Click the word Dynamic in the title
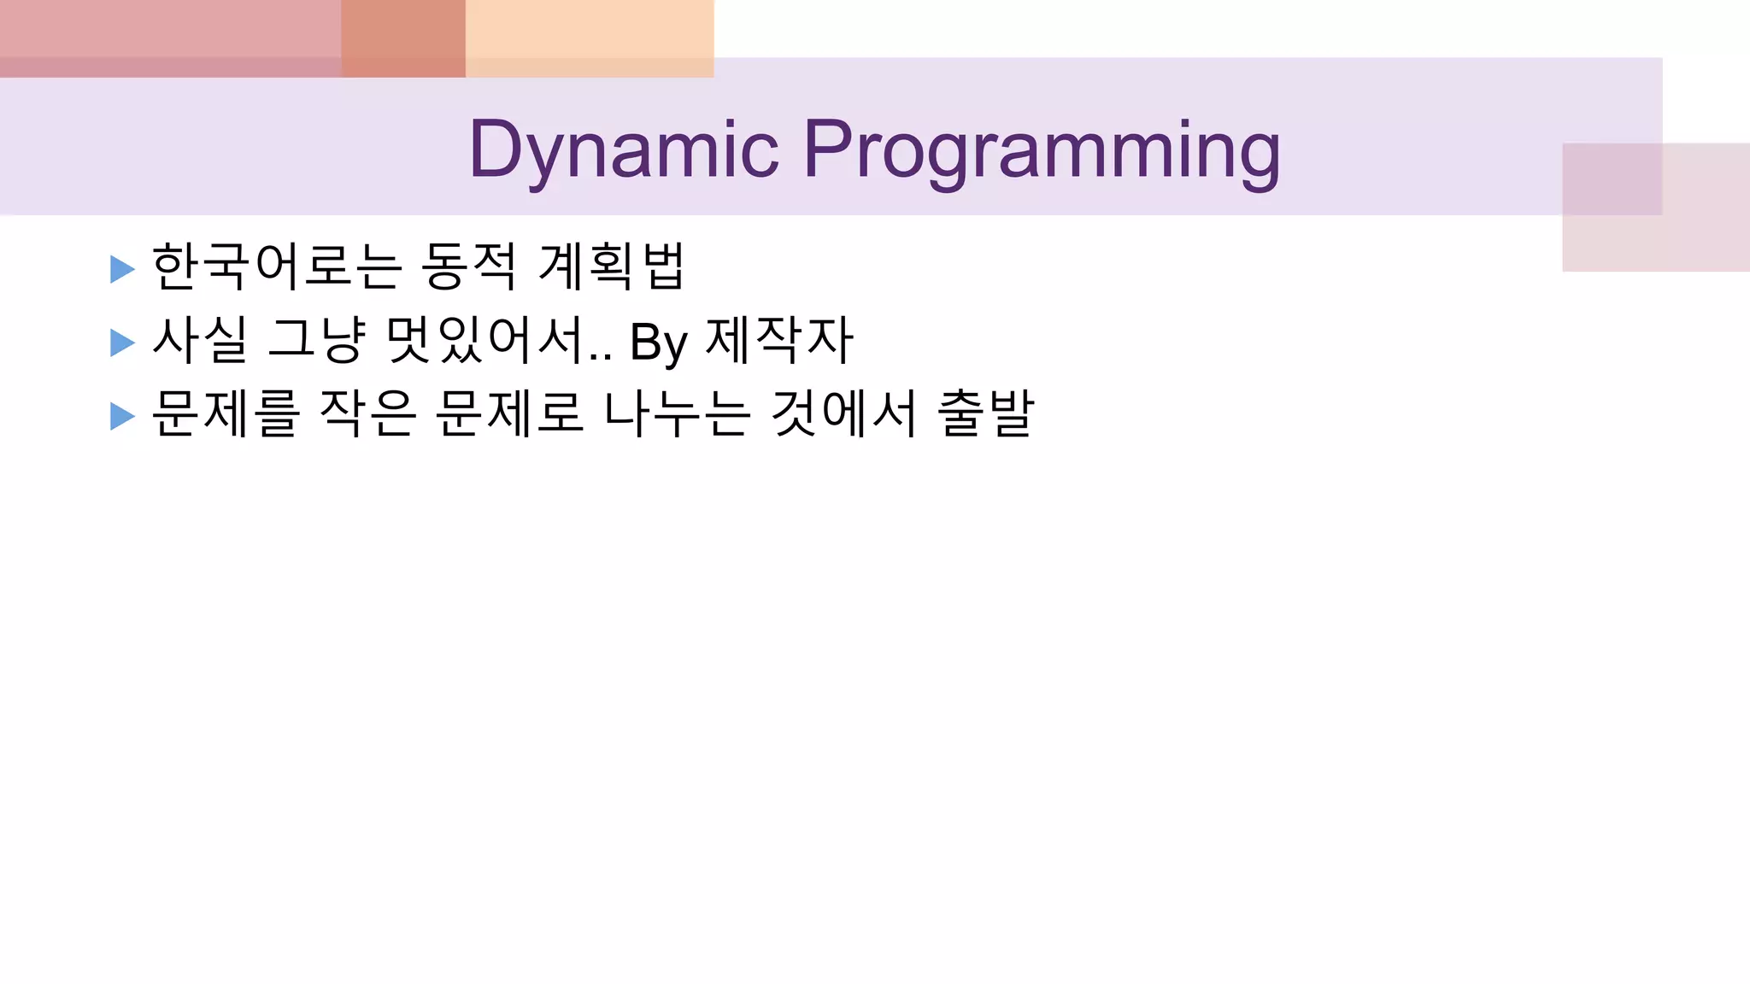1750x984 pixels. [624, 150]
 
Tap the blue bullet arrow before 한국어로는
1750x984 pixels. [122, 269]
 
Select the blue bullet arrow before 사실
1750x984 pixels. [122, 343]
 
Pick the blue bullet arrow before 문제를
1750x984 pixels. [122, 416]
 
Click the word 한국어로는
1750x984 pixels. [276, 266]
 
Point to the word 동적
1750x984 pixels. [468, 266]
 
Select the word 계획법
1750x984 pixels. [612, 266]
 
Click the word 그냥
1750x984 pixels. [316, 340]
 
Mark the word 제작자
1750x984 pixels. [779, 340]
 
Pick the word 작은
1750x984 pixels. [367, 413]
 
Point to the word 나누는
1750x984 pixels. [677, 413]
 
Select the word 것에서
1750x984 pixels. [843, 413]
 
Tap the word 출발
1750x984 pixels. [986, 413]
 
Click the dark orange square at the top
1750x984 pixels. [403, 38]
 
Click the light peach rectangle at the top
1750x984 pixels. [590, 38]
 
